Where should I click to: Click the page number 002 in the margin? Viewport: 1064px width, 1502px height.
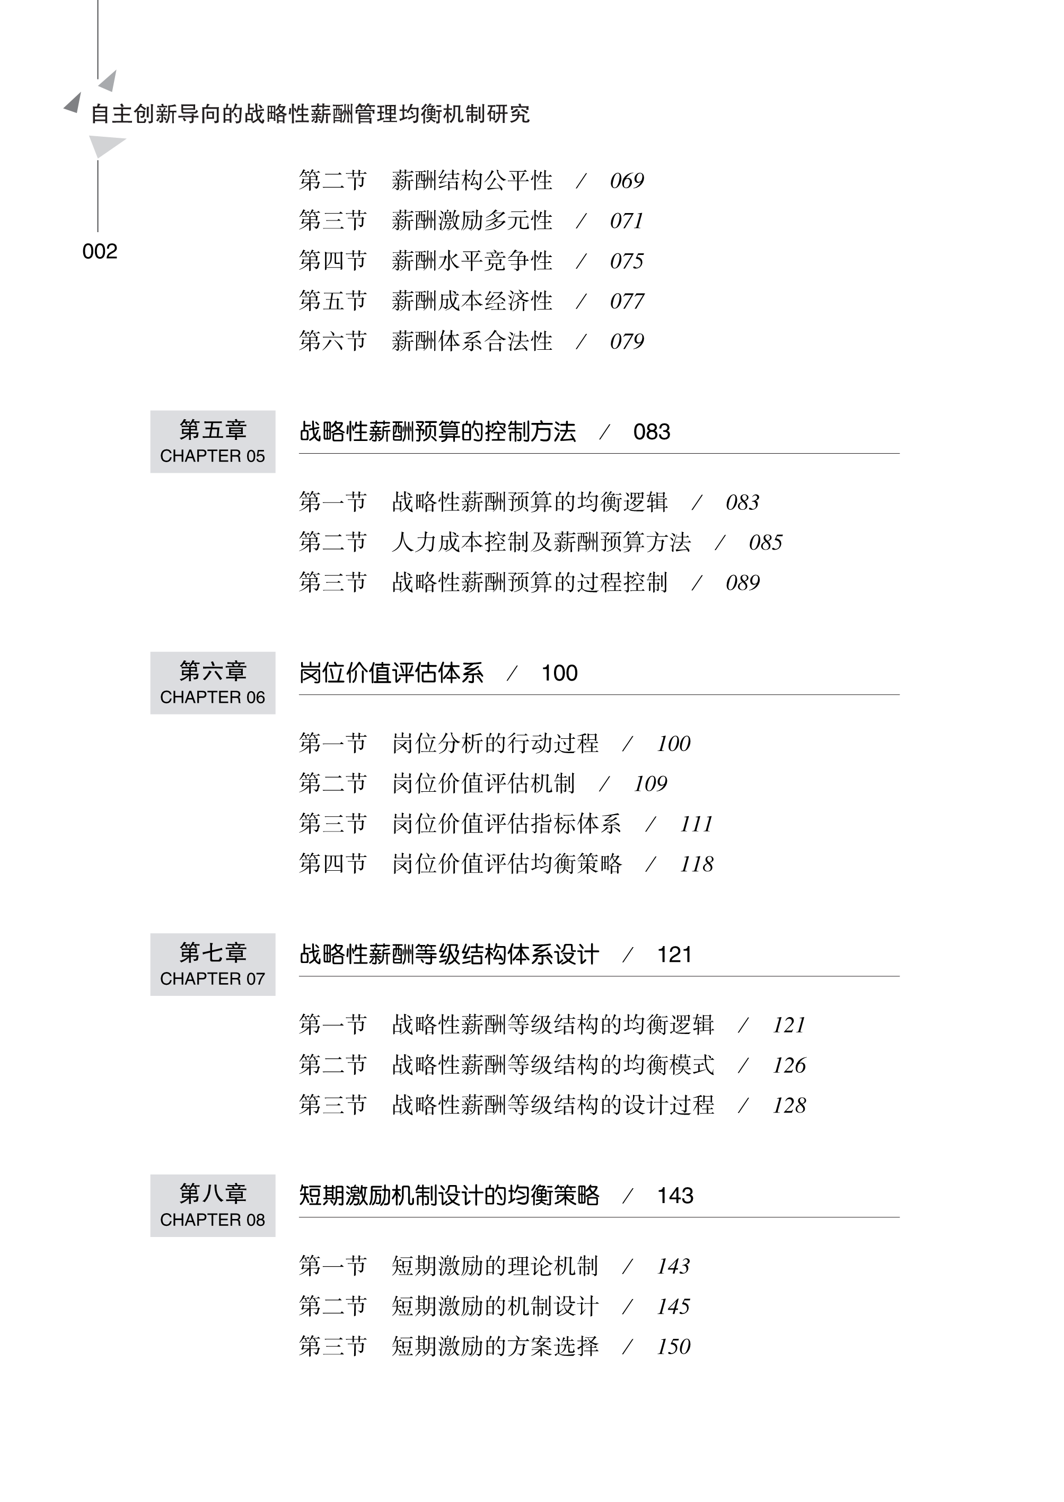(100, 252)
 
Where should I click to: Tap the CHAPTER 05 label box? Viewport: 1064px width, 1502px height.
(212, 441)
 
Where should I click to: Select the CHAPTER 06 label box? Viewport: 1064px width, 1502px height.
(212, 683)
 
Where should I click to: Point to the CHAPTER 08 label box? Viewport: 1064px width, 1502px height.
(212, 1205)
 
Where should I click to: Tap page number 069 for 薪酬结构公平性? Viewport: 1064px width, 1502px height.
(626, 181)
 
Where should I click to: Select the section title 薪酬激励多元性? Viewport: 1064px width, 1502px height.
(472, 221)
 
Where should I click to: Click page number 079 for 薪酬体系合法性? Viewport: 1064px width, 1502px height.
(626, 341)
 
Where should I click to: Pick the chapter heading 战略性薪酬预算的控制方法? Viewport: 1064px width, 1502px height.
(437, 431)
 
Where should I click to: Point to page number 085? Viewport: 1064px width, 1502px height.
(765, 542)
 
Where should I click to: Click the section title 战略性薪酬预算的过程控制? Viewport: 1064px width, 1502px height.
(530, 582)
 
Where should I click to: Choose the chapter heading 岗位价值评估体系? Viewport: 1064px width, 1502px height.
(391, 673)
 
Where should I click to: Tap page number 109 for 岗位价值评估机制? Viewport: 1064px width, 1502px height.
(650, 783)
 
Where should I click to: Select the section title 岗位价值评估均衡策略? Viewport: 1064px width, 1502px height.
(506, 864)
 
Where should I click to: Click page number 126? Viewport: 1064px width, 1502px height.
(789, 1065)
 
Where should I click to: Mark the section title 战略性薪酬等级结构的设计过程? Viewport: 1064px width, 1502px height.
(553, 1105)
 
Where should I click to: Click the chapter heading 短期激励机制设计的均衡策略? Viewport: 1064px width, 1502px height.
(449, 1196)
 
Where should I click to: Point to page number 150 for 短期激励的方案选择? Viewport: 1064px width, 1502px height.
(673, 1346)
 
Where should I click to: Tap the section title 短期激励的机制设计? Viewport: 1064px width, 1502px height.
(495, 1306)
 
